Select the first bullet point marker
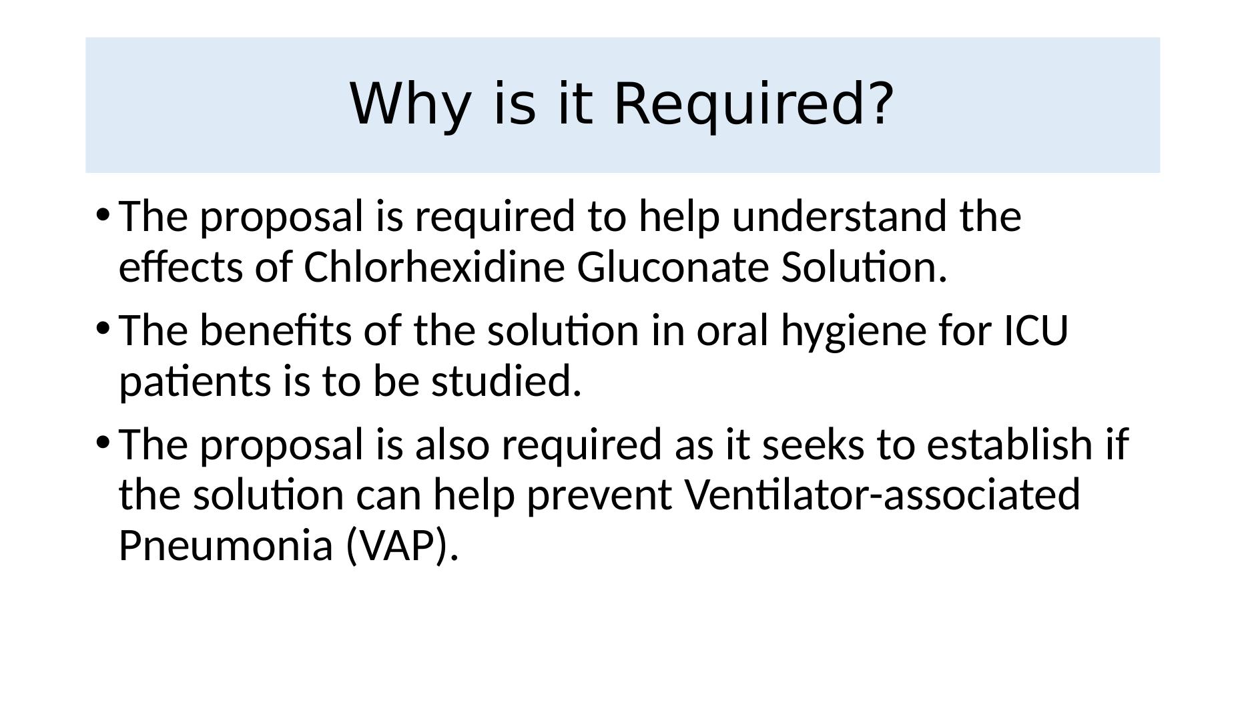pos(102,214)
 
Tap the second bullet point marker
pos(102,328)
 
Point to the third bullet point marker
pos(102,441)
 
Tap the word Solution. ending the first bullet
pos(864,267)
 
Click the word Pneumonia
pos(226,545)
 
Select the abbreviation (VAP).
pos(402,545)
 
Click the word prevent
pos(599,496)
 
